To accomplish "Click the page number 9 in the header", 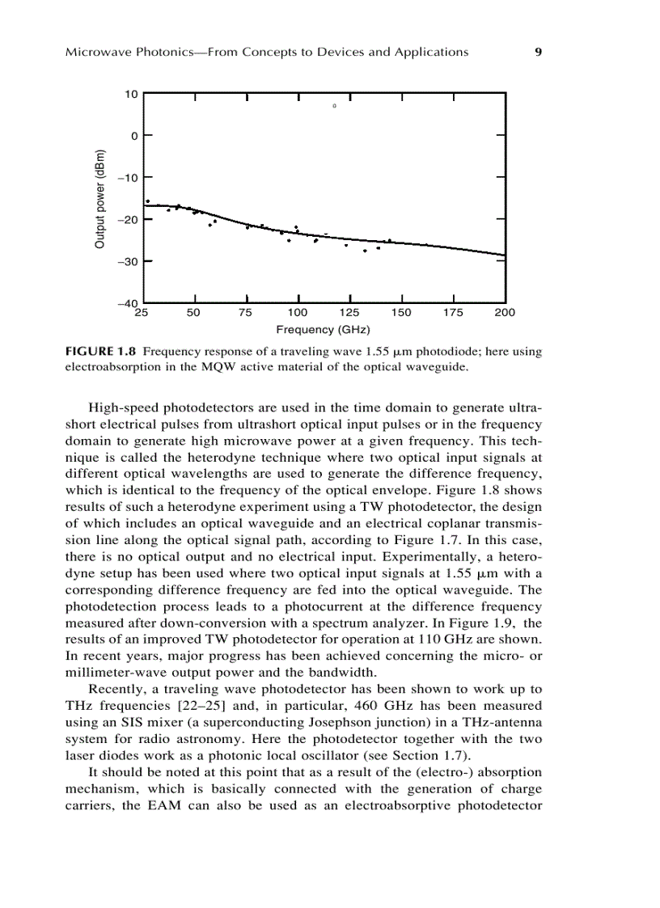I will coord(538,53).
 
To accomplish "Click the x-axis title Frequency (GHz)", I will coord(323,330).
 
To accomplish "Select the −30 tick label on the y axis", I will coord(128,261).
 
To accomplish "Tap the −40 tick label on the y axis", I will coord(128,303).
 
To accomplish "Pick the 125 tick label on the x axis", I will coord(349,313).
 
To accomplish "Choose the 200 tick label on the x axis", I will coord(505,313).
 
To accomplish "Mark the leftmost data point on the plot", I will coord(147,201).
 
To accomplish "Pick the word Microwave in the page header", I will coord(93,53).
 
